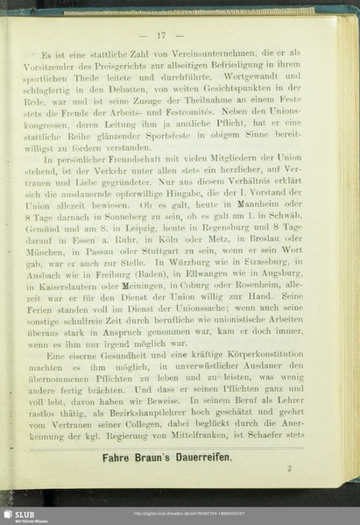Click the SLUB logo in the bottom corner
[19, 514]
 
